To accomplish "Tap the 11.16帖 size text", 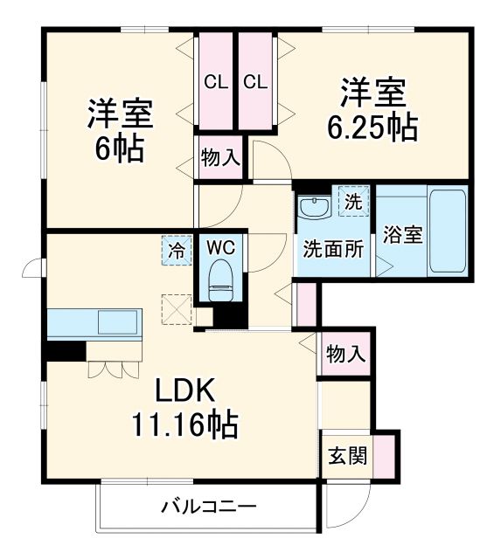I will click(x=184, y=424).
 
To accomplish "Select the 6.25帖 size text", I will click(x=372, y=128).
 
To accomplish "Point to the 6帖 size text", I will click(x=120, y=148).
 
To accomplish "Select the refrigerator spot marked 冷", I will click(x=176, y=251).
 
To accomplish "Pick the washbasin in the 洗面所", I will click(x=314, y=209).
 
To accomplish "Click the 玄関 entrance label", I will click(x=347, y=456).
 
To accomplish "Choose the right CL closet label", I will click(x=255, y=83).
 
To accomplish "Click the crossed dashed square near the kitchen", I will click(x=176, y=309).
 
